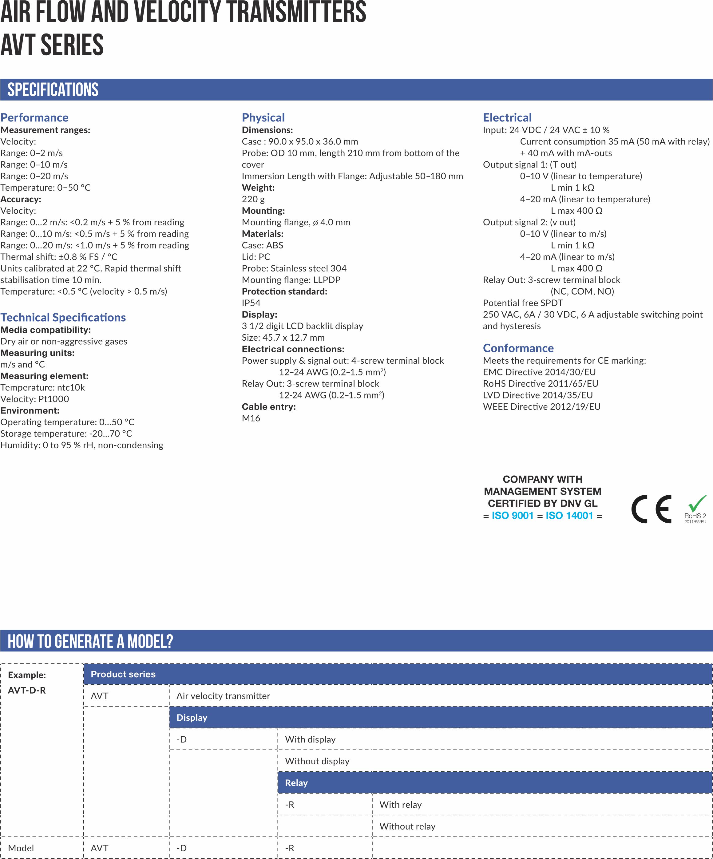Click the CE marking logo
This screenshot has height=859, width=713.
point(651,509)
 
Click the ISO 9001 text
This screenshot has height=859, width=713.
point(512,515)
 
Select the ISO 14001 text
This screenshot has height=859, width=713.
point(569,515)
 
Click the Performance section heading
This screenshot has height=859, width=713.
point(34,117)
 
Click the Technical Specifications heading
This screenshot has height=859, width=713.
point(63,317)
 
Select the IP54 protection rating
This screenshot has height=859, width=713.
point(251,303)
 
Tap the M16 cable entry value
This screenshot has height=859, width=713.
point(251,418)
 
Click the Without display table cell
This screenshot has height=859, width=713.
point(317,761)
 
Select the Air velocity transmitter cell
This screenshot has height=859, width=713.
point(223,696)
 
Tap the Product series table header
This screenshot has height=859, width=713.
point(123,674)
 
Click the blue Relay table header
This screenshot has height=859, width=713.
point(296,783)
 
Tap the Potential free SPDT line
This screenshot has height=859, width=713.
point(522,303)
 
